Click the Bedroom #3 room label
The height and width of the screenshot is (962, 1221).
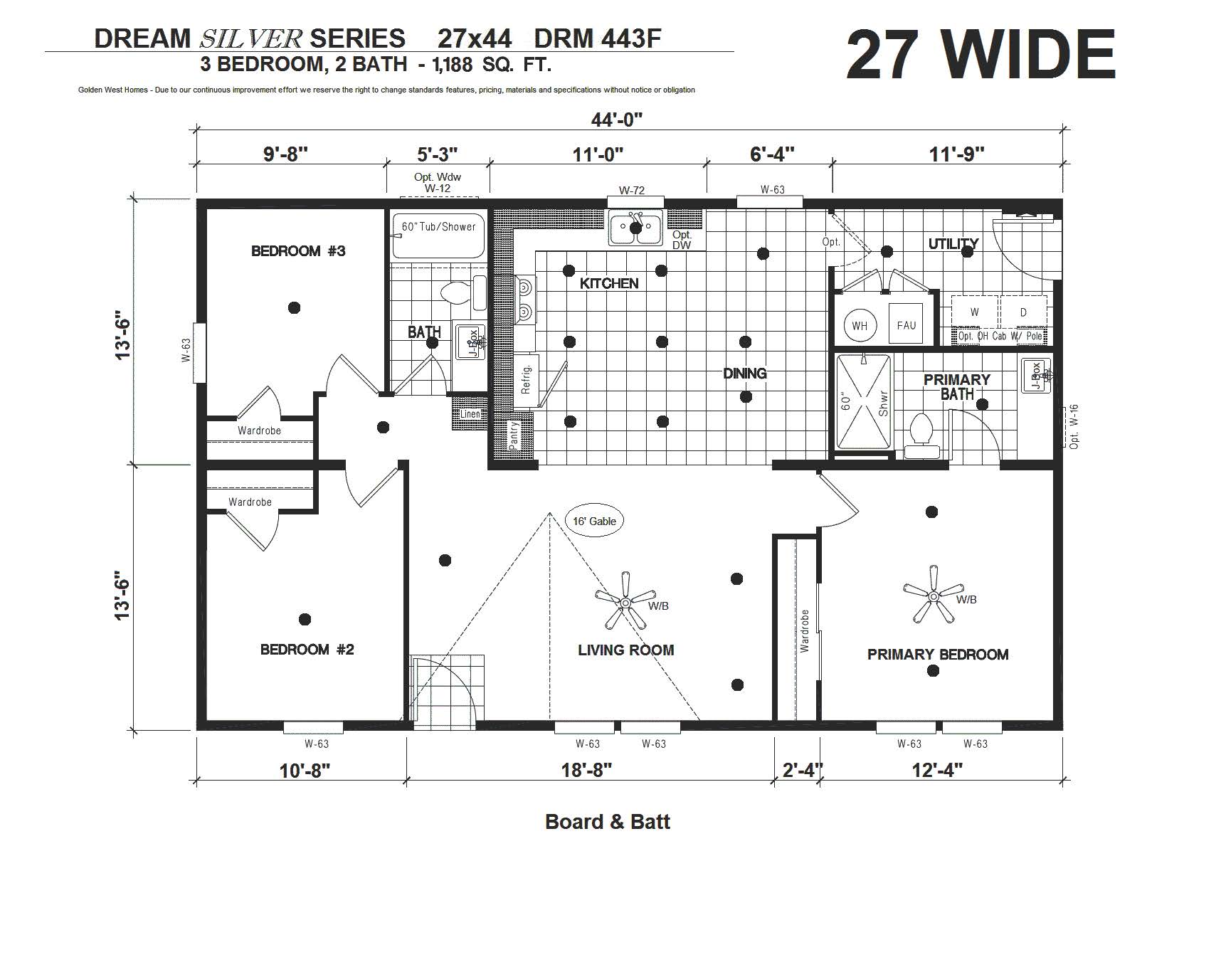(298, 251)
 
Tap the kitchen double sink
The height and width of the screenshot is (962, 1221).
(635, 228)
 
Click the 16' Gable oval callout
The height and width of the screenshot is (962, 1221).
(594, 521)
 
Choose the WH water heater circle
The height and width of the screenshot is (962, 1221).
(860, 326)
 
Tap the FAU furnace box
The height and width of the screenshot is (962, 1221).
(906, 325)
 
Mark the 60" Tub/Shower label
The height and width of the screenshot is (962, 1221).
(438, 226)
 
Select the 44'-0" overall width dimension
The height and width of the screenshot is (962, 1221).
(616, 120)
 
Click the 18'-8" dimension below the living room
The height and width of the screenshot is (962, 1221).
(586, 770)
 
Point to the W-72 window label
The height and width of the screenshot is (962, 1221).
(632, 190)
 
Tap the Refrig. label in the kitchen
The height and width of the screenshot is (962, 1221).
(527, 379)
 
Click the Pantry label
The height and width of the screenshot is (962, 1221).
(514, 435)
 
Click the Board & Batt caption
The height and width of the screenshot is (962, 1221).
(608, 822)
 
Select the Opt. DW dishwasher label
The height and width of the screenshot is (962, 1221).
(682, 240)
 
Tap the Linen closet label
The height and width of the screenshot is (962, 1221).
(470, 414)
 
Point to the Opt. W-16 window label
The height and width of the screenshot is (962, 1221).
(1074, 426)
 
